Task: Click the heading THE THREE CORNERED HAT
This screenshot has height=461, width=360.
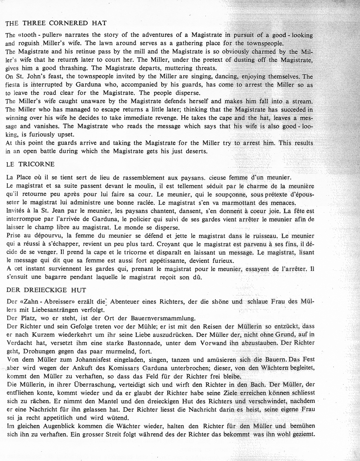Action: pos(56,23)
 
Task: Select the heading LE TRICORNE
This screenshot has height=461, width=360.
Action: pos(30,164)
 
